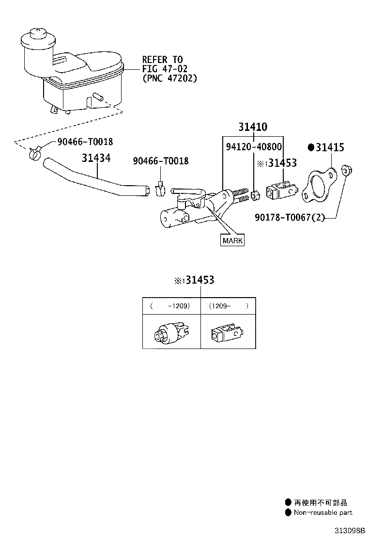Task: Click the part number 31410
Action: pos(253,127)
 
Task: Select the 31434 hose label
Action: pos(96,158)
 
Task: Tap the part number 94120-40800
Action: pos(254,147)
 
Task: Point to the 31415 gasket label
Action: pos(326,147)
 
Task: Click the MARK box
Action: pos(232,240)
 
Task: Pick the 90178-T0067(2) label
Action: pos(290,217)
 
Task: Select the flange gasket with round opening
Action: pos(319,185)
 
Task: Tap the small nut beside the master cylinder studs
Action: pos(255,196)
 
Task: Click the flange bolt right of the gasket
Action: pos(347,170)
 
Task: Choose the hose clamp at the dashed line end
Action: pos(35,153)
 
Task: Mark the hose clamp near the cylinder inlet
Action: pos(160,189)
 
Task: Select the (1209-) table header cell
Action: pos(229,306)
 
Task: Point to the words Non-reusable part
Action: pos(323,512)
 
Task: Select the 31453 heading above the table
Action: pos(194,280)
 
